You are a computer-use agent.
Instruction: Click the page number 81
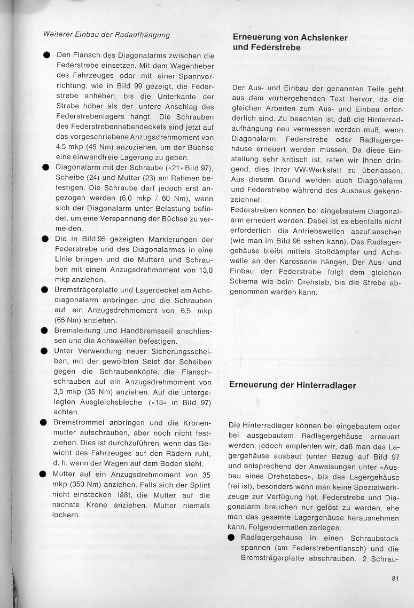[395, 578]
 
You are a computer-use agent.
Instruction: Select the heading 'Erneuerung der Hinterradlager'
[292, 385]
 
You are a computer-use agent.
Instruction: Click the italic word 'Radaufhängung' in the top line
[143, 35]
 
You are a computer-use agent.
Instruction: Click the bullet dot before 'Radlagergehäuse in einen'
[232, 538]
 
